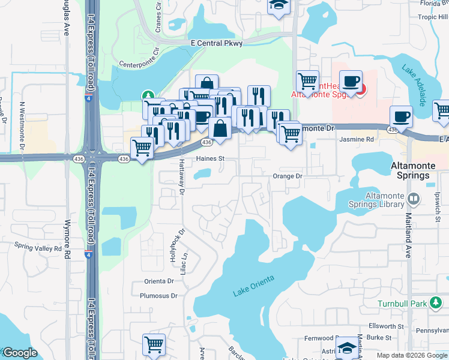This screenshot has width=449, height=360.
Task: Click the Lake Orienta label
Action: click(x=253, y=286)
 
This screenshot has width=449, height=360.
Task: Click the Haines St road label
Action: click(x=210, y=159)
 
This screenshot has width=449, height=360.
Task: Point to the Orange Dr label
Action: click(x=287, y=176)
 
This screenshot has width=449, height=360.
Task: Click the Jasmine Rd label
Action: click(x=357, y=139)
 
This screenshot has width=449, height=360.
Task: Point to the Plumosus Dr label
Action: click(x=158, y=296)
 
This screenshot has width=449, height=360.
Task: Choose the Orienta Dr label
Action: click(x=158, y=281)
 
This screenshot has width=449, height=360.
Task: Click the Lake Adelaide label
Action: click(x=415, y=84)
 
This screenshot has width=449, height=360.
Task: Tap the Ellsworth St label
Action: click(x=387, y=326)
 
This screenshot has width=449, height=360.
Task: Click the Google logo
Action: click(x=20, y=353)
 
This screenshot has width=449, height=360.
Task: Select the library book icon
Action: click(x=413, y=199)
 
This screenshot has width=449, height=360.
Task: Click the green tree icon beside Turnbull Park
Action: click(x=436, y=304)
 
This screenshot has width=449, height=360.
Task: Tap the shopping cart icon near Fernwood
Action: click(x=154, y=345)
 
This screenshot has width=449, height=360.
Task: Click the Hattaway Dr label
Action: click(x=181, y=178)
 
